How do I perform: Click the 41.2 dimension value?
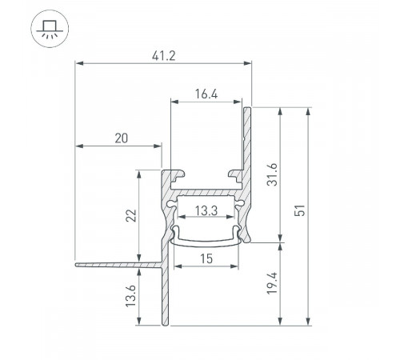coord(164,56)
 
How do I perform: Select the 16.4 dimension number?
coord(206,94)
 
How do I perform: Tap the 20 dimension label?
coord(122,138)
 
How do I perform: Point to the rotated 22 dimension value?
coord(131,216)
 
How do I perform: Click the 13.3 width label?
coord(206,210)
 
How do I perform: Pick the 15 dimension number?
coord(206,258)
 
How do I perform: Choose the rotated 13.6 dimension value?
coord(131,296)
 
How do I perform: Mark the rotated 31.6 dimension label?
coord(273,174)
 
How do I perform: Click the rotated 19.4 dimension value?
coord(272,283)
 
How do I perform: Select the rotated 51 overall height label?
coord(299,210)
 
